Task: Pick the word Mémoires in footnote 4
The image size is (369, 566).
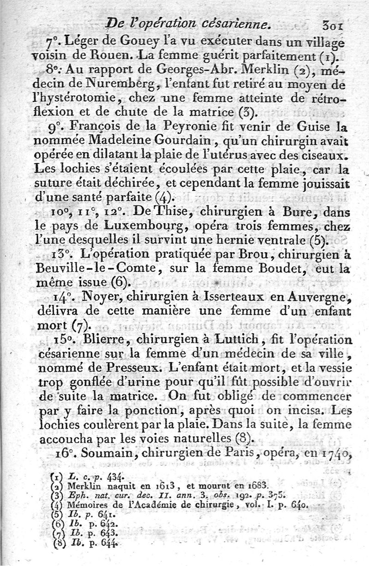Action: [x=85, y=505]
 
